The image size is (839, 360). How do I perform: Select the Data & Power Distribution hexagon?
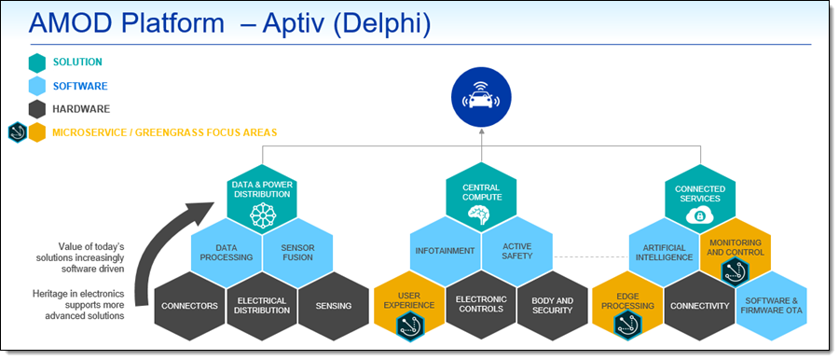pos(262,200)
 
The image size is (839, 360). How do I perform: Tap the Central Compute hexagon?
pos(481,198)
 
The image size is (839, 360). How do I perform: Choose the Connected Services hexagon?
pos(700,200)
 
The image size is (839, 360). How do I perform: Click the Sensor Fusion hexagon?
pos(297,253)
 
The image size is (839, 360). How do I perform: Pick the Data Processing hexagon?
pos(227,253)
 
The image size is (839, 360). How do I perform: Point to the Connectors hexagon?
pos(189,306)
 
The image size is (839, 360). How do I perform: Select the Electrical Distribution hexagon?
pos(262,306)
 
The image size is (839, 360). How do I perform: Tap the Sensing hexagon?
pos(334,306)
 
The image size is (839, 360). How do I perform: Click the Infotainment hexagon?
pos(446,251)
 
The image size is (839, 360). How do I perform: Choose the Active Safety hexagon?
pos(516,251)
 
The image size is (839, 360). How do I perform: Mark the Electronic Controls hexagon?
pos(481,305)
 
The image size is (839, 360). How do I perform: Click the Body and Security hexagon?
pos(553,306)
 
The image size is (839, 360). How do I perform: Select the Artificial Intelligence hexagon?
pos(664,253)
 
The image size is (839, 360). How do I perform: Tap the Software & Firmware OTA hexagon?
pos(772,306)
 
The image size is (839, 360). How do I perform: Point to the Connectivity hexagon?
pos(700,306)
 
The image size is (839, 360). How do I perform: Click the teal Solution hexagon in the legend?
pos(37,62)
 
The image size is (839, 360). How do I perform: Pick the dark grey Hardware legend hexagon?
pos(37,109)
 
